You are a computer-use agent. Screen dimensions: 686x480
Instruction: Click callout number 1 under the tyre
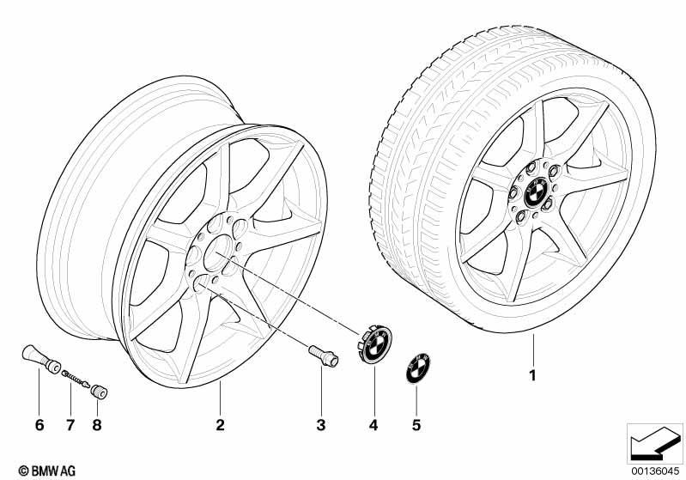(x=532, y=375)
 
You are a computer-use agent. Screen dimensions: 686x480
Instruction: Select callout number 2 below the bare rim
(x=220, y=424)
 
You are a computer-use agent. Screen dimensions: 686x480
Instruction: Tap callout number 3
(x=321, y=424)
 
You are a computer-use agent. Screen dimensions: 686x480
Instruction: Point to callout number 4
(x=373, y=424)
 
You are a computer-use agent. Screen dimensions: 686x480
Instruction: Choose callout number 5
(x=416, y=424)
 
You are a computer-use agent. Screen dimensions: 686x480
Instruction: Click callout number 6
(x=39, y=424)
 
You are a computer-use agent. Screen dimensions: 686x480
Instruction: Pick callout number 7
(x=70, y=424)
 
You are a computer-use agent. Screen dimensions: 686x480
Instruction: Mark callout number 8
(x=97, y=424)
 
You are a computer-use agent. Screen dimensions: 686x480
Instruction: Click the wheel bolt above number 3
(x=324, y=355)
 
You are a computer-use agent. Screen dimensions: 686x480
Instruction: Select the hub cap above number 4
(x=375, y=343)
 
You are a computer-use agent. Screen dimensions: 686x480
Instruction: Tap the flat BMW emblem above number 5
(x=418, y=368)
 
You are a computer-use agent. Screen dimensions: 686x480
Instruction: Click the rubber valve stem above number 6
(x=41, y=359)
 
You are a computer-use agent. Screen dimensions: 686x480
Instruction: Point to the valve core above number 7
(x=76, y=379)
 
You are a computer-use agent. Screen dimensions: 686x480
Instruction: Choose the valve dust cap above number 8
(x=100, y=392)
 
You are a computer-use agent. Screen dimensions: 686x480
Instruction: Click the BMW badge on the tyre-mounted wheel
(x=535, y=191)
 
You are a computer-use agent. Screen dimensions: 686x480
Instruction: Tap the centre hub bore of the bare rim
(x=217, y=252)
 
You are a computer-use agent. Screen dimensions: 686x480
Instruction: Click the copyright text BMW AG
(x=47, y=471)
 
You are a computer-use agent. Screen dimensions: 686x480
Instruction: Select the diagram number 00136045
(x=655, y=471)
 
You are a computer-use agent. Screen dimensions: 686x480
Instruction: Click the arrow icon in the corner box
(x=655, y=442)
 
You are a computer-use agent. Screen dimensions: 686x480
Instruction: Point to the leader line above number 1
(x=533, y=349)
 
